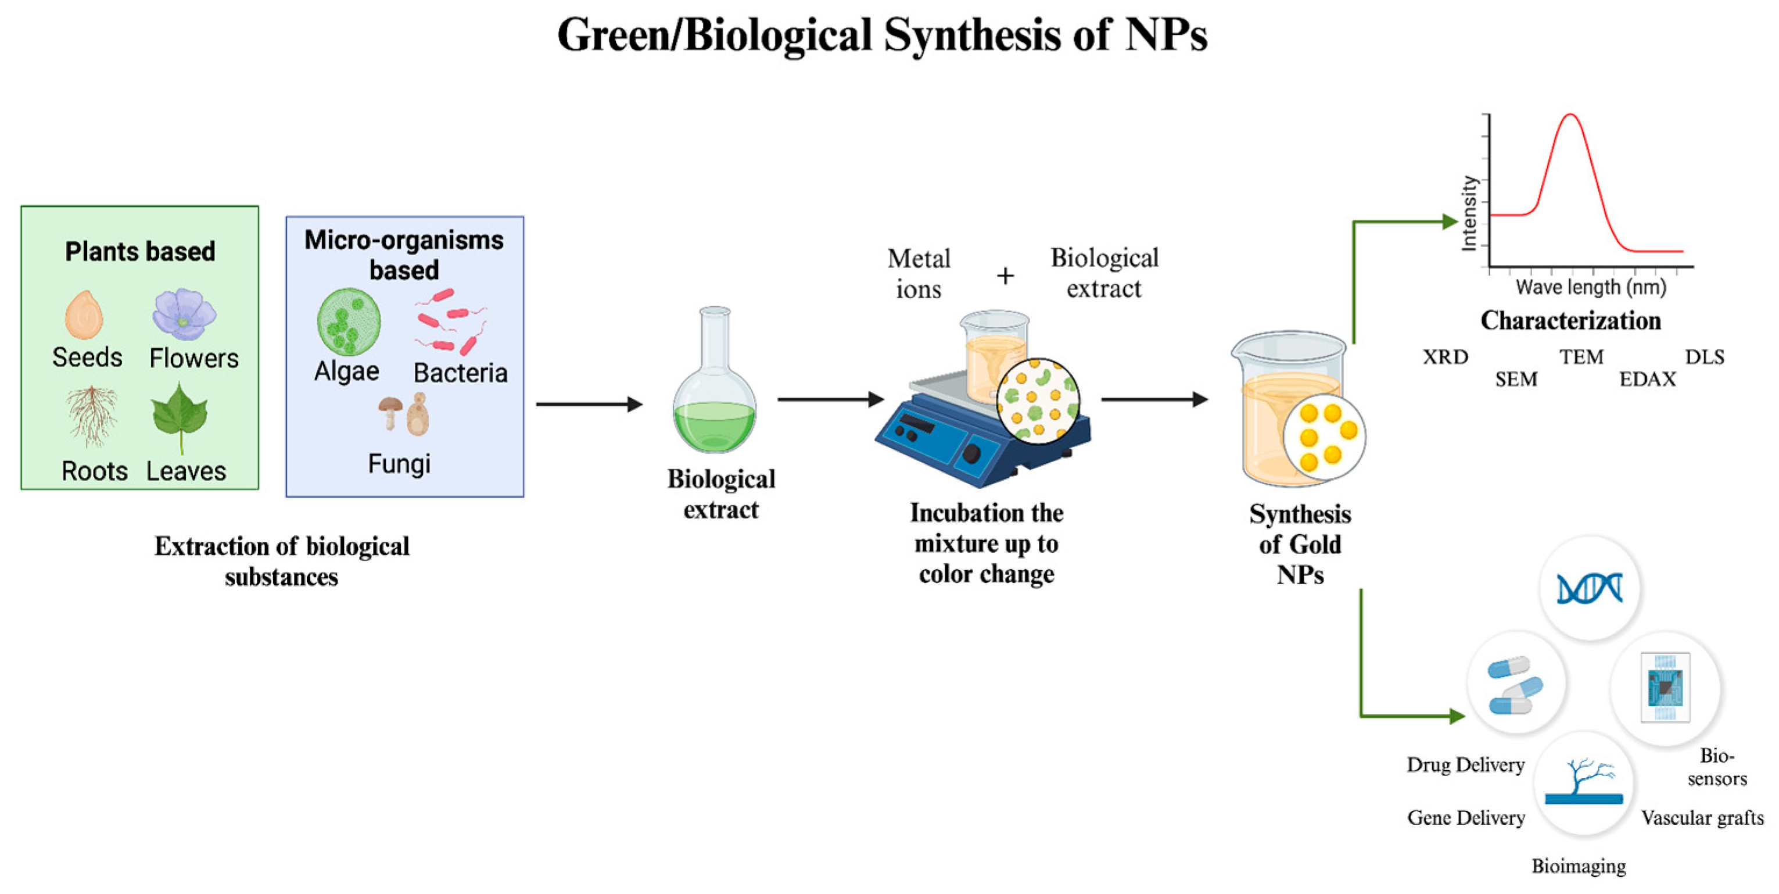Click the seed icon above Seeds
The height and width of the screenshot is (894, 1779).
(x=84, y=315)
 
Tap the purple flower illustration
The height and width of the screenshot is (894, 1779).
(x=184, y=315)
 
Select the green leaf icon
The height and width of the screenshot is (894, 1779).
(x=180, y=416)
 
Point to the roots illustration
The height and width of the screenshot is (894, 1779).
(x=92, y=414)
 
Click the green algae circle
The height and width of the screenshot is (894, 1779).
(x=349, y=322)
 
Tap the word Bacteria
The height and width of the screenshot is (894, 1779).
(x=460, y=373)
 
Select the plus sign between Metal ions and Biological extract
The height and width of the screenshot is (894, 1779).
(x=1006, y=276)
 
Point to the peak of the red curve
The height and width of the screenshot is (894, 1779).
(x=1571, y=115)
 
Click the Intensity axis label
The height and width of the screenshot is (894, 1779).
(x=1469, y=213)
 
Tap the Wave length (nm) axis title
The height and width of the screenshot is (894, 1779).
(x=1590, y=287)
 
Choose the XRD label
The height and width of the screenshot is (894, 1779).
(x=1445, y=357)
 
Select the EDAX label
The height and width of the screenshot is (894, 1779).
(x=1647, y=380)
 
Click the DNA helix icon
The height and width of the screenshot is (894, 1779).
(x=1589, y=589)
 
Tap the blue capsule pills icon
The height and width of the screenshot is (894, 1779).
(x=1515, y=684)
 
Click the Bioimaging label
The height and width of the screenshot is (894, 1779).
(x=1579, y=866)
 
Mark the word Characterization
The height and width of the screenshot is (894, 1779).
(x=1570, y=320)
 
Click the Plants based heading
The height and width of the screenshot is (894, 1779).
(x=140, y=252)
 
